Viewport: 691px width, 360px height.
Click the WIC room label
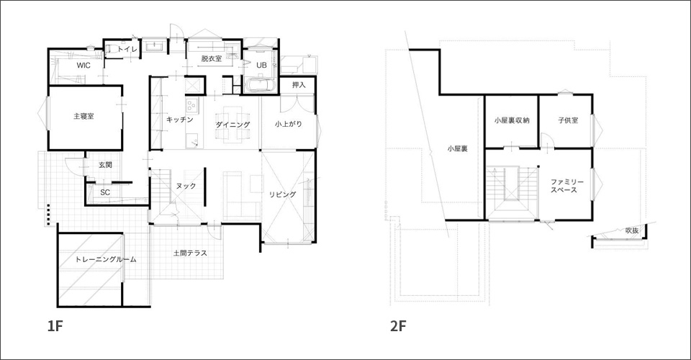83,66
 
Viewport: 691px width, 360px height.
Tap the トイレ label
127,50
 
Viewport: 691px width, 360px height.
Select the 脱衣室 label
211,58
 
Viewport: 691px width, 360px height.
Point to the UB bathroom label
261,66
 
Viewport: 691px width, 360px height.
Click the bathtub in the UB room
260,85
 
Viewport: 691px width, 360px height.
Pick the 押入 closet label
298,85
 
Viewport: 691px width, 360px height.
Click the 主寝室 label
83,117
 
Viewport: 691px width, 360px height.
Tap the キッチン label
180,120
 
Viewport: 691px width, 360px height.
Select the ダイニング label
232,125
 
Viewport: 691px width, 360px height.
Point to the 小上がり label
289,125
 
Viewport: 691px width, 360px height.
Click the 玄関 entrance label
105,165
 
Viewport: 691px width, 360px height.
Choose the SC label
105,192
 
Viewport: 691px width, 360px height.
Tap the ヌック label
186,186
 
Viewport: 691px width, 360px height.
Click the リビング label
283,194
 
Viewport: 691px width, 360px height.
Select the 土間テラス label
190,253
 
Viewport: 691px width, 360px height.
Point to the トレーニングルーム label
106,259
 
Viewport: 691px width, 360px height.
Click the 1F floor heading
55,326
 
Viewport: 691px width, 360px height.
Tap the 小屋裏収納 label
512,120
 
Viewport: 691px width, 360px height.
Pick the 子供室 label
568,120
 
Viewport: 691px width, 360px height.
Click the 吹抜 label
631,230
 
